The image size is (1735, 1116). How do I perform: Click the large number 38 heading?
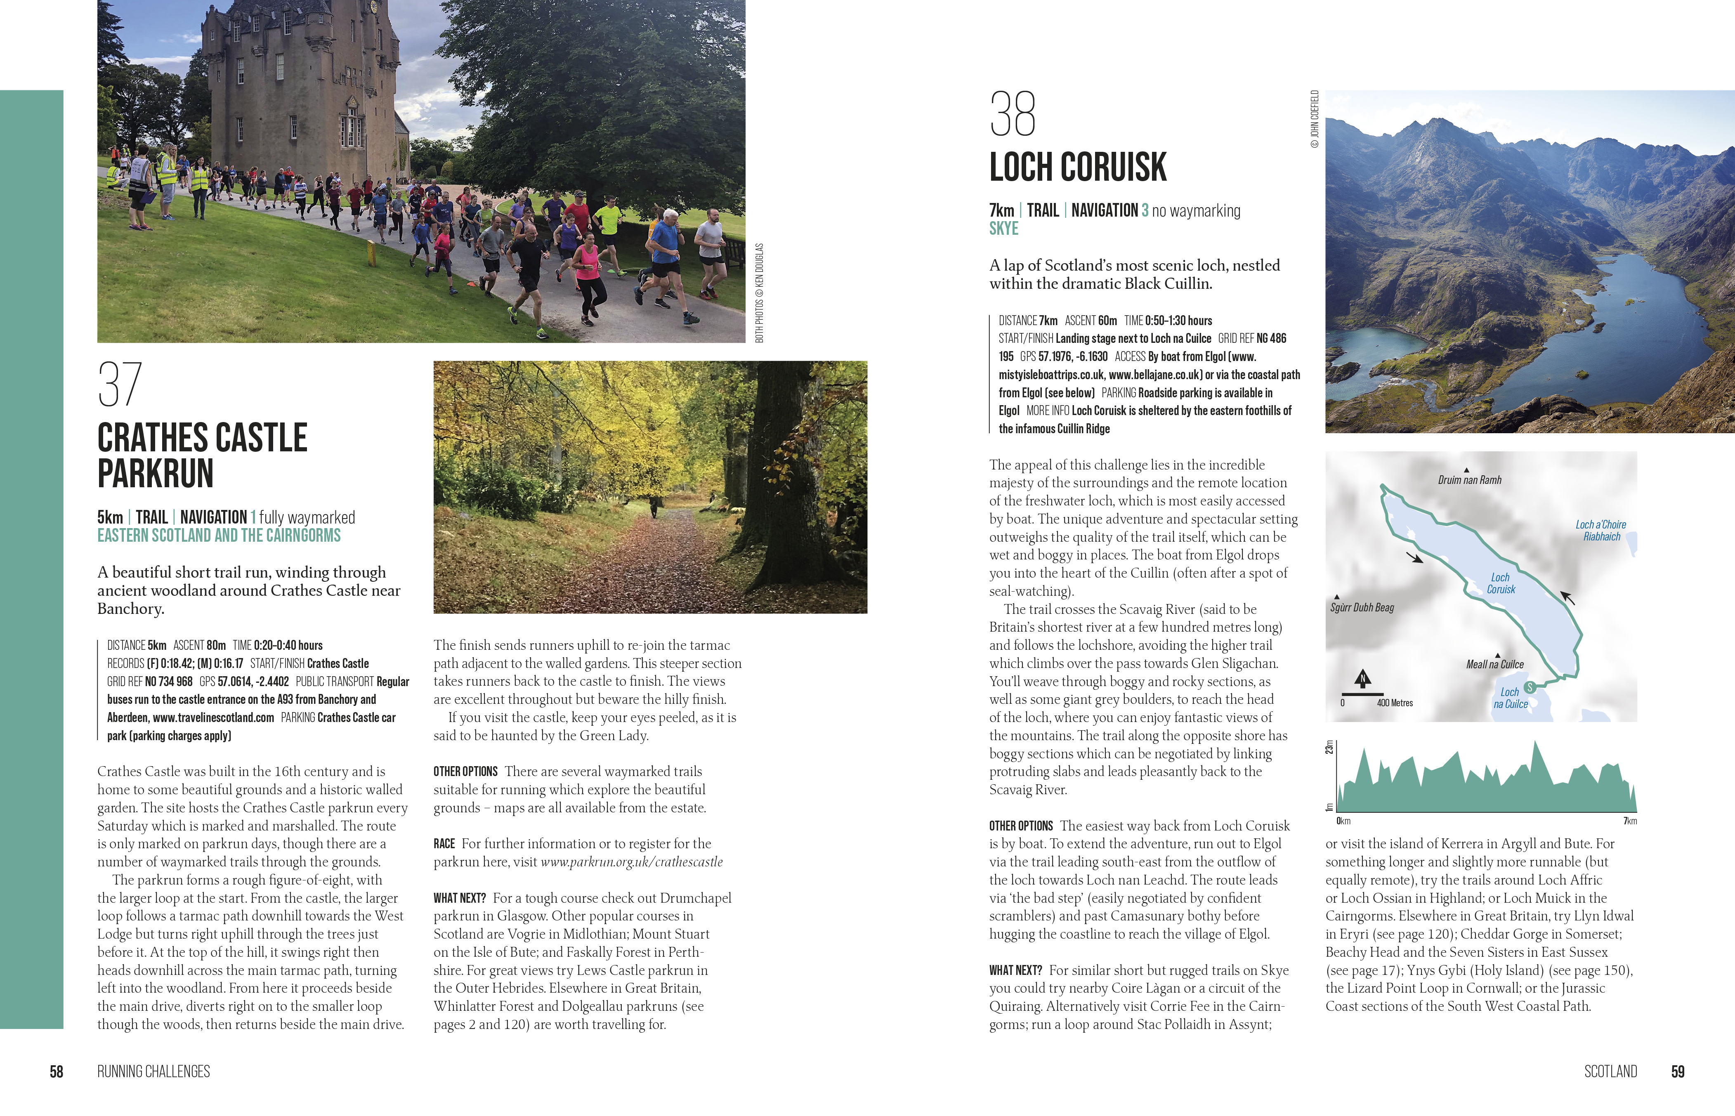coord(1013,115)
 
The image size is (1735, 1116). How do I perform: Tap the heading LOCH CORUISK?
coord(1078,168)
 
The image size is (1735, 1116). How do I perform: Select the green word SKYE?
coord(1004,229)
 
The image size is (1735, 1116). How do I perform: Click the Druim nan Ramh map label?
coord(1469,480)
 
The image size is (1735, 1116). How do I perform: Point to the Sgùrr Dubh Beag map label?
coord(1362,607)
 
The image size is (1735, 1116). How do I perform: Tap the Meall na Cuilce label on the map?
coord(1494,664)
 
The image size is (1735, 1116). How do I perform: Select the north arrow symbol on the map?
coord(1362,678)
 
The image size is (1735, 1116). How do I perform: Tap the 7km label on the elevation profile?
coord(1629,821)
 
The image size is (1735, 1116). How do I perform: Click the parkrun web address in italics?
coord(631,861)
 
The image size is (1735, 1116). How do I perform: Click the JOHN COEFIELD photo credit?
coord(1314,120)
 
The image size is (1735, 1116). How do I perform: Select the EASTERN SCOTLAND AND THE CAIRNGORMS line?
coord(219,536)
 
